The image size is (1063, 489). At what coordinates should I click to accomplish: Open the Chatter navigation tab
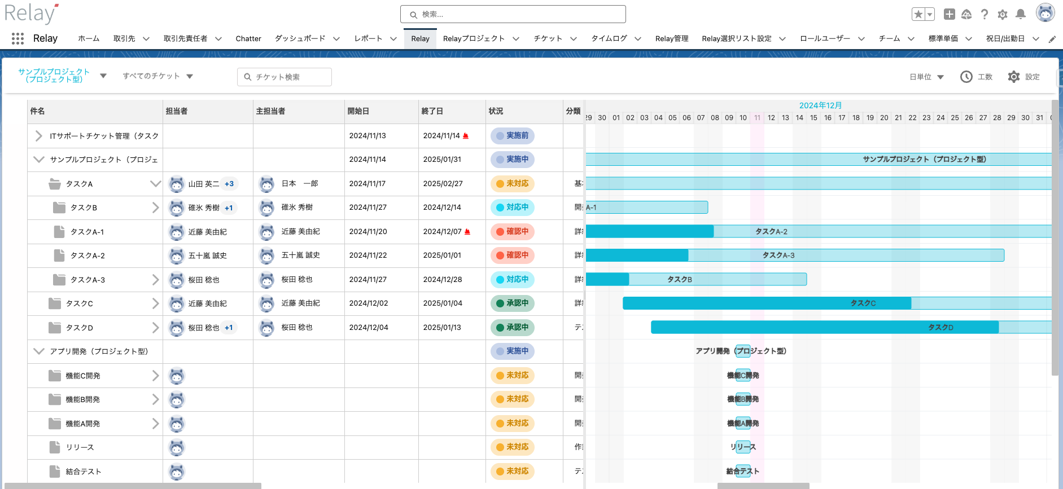248,39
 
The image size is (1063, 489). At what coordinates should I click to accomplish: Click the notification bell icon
1021,14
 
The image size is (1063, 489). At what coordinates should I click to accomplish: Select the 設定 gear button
1024,77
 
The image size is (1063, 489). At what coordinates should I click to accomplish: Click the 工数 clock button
977,77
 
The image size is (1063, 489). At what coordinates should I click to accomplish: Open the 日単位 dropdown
926,77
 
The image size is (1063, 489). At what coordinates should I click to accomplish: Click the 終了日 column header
432,111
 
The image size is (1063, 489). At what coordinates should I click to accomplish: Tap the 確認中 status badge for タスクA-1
513,231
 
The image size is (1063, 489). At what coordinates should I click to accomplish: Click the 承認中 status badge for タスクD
513,327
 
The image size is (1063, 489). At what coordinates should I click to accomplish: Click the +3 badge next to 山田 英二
229,184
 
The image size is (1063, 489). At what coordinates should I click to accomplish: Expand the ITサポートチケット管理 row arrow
38,136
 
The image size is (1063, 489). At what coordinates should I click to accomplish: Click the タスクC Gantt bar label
863,303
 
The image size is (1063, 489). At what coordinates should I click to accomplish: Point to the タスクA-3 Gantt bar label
778,255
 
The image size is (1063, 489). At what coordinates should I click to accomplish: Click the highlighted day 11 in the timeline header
757,118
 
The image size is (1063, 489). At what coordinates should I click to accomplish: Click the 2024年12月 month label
820,105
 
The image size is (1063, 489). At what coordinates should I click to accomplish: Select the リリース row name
80,447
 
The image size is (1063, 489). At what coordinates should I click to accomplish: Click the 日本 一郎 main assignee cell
299,184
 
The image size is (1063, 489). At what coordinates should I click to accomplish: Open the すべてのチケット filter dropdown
158,76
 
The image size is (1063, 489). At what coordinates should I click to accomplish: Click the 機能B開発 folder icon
55,399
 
